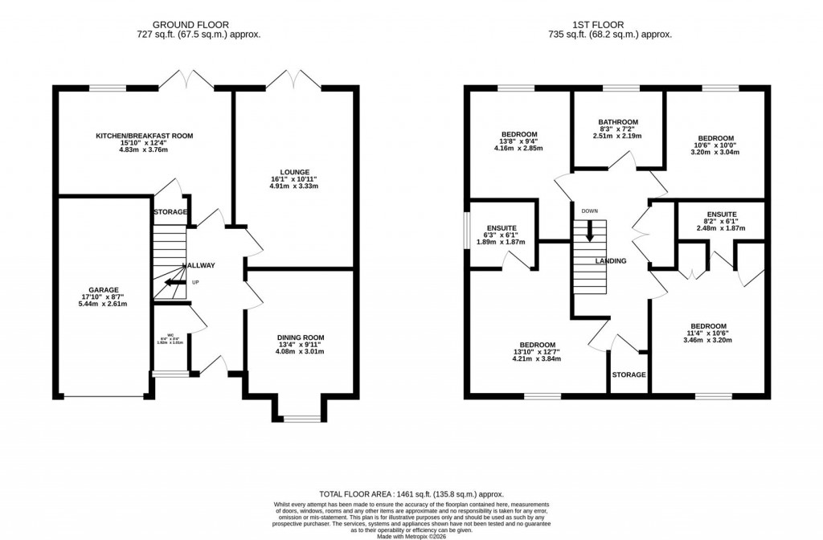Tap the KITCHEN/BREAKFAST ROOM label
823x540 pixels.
[145, 136]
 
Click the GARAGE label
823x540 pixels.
[104, 289]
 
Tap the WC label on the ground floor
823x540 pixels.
[170, 335]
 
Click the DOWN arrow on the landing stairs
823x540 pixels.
[590, 230]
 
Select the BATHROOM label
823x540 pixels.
[617, 122]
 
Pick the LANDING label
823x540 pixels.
[610, 261]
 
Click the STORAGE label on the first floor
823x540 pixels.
[629, 374]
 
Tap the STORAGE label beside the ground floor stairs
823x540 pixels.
[170, 212]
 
